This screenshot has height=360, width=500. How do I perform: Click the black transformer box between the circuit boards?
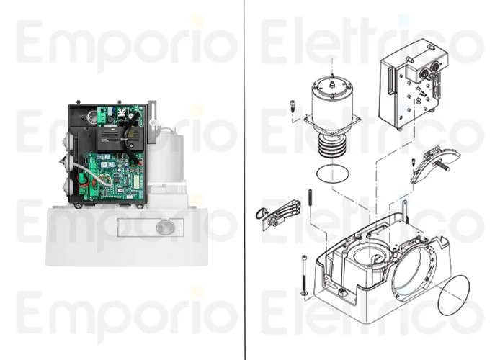click(112, 138)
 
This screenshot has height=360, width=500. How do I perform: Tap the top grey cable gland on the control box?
click(69, 140)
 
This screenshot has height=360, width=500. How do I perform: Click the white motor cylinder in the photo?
click(166, 159)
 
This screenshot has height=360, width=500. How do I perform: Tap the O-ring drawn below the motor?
click(333, 174)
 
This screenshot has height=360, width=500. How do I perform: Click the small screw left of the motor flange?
click(293, 106)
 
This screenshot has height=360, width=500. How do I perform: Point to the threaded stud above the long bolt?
click(310, 203)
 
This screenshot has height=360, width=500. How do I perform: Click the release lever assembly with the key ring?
click(278, 213)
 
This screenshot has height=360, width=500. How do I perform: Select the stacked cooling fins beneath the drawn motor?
click(332, 145)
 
